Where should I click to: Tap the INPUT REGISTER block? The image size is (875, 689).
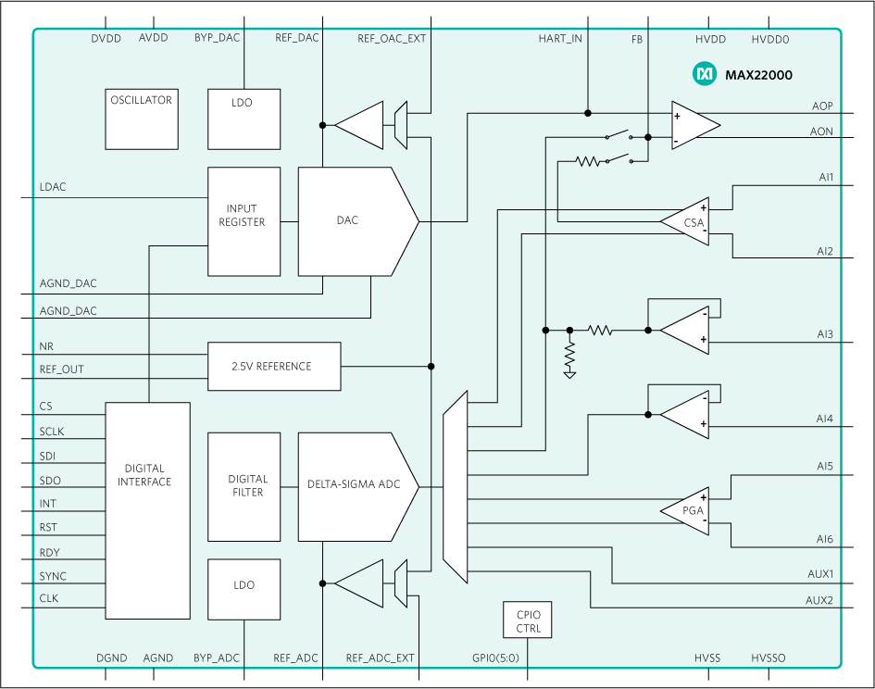(244, 221)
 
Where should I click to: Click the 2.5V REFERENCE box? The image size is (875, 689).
(274, 366)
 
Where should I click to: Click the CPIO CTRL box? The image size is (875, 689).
(527, 620)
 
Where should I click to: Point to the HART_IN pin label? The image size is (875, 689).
(560, 39)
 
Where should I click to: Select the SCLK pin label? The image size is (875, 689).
(53, 431)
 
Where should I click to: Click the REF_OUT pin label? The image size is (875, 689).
(61, 370)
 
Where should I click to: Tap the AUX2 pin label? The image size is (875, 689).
(819, 600)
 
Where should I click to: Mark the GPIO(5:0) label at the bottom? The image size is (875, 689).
(497, 658)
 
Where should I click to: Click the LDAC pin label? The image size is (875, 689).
(53, 187)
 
